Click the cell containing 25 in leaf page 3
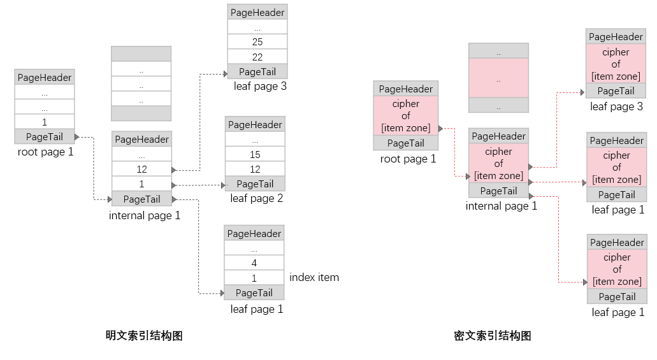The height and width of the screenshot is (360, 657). point(257,41)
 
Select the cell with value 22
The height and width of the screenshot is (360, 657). point(257,57)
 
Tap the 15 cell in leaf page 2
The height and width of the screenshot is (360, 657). point(255,154)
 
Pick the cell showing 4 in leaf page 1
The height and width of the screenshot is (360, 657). point(254,263)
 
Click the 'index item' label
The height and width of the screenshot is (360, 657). point(314,277)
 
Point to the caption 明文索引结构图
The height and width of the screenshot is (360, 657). point(144,336)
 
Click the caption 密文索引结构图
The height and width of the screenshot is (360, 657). point(493,336)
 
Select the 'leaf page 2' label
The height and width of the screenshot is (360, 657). point(256,198)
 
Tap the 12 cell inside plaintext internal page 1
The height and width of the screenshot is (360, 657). point(141,169)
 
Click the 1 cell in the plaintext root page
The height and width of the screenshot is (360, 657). point(45,122)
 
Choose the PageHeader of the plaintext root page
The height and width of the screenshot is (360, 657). point(45,77)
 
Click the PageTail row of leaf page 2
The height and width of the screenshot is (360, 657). point(255,184)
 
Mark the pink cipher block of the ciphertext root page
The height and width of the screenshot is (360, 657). point(405,116)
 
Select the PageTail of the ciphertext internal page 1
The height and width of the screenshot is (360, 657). point(498,191)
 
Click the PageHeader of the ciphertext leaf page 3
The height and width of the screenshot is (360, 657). point(616,36)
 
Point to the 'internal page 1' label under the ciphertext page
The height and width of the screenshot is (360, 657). point(501,206)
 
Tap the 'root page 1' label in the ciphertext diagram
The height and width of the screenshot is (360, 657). point(408,159)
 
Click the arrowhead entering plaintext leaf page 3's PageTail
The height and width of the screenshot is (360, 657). point(226,74)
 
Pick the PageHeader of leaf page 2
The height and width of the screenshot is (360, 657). point(255,124)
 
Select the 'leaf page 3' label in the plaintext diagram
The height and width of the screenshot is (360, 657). point(260,86)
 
